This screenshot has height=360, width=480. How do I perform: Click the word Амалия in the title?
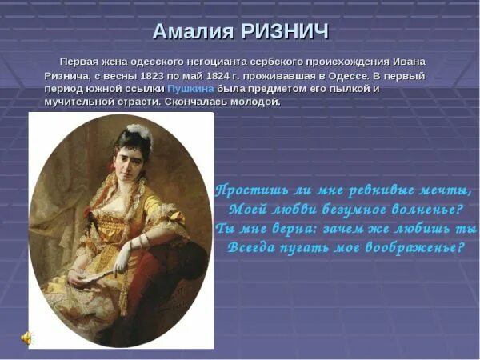point(192,31)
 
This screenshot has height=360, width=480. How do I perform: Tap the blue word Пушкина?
point(188,88)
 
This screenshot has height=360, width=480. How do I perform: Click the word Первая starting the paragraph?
point(82,62)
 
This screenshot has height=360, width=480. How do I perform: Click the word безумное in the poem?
point(346,210)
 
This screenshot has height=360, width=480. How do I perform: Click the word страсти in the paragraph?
point(131,102)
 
